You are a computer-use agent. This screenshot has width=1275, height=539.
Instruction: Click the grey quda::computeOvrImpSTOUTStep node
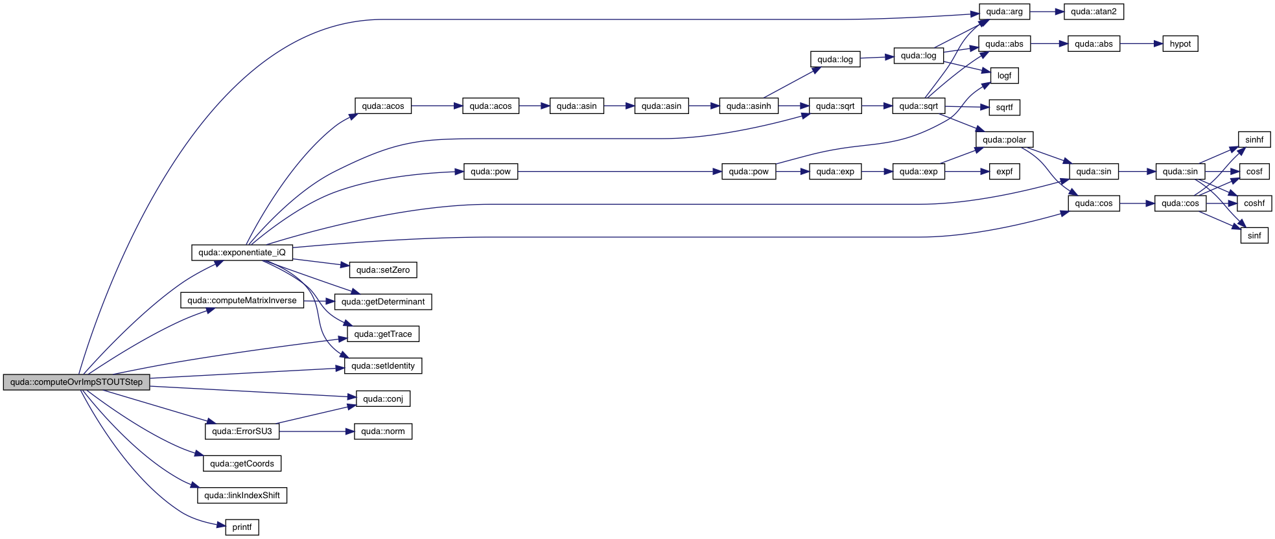point(76,382)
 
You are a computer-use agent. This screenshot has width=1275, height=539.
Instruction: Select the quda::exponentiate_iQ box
point(242,253)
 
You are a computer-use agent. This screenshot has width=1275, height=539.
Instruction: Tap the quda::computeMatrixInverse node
point(242,301)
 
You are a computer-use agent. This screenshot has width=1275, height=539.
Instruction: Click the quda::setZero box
point(383,270)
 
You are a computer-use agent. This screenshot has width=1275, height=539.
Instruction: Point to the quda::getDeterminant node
point(383,302)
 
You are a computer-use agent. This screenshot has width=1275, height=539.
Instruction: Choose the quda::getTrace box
point(383,334)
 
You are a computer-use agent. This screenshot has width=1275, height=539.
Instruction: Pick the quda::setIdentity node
point(383,366)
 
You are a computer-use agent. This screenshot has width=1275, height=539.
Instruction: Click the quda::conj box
point(383,399)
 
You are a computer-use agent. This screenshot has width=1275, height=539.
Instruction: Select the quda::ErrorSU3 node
point(242,431)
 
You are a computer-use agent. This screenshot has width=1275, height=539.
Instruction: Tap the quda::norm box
point(383,431)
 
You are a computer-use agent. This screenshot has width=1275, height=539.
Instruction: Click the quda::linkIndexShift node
point(242,496)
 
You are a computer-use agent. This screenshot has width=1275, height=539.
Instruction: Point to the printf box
point(242,527)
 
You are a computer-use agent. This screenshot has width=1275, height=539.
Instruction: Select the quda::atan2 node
point(1094,12)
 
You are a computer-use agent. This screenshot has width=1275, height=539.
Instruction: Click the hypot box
point(1180,44)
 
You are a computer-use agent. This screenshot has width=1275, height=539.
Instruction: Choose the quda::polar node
point(1004,140)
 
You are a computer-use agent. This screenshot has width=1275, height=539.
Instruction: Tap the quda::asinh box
point(749,106)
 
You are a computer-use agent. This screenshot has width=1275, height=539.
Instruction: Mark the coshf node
point(1254,203)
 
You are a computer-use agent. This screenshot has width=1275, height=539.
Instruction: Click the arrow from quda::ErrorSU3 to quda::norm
point(316,431)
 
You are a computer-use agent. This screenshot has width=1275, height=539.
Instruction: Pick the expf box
point(1004,172)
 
